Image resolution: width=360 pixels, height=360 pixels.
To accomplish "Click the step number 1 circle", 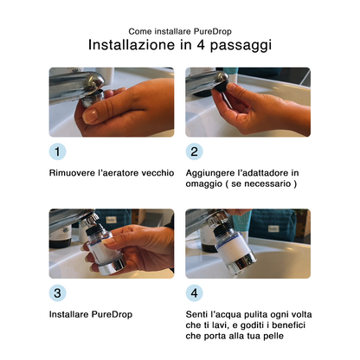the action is (57, 151).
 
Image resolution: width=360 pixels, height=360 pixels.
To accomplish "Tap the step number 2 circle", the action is (194, 151).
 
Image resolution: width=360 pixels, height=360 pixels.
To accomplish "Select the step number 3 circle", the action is (57, 292).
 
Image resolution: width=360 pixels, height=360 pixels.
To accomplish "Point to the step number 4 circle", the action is (194, 292).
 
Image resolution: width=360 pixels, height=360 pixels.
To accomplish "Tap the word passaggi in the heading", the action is (241, 46).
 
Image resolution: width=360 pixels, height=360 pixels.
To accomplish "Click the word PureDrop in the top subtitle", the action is (213, 31).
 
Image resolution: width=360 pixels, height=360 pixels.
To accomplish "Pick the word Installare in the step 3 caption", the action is (68, 314).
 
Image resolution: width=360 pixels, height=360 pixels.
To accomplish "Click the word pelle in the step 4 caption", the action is (273, 337).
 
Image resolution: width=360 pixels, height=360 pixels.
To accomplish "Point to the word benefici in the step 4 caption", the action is (288, 325).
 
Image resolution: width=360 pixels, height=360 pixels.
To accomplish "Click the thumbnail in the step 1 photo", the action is (90, 115).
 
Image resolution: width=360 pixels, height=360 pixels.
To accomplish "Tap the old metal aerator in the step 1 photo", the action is (93, 98).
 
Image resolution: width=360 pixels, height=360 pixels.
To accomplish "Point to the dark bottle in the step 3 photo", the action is (61, 235).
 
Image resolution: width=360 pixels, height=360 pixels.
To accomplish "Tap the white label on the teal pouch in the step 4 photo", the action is (273, 228).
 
